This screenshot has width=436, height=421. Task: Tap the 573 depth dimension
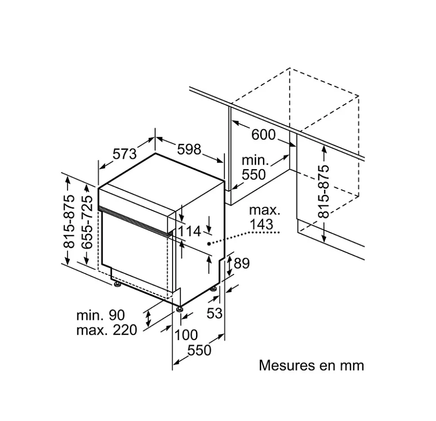[x=125, y=154]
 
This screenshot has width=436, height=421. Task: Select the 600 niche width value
[x=263, y=134]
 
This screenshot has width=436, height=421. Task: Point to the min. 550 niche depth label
[x=254, y=167]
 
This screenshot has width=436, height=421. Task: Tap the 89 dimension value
[x=242, y=263]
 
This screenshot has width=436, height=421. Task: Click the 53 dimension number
[x=214, y=313]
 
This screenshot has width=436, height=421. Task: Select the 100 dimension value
[x=186, y=335]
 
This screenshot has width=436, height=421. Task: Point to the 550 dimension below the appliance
[x=200, y=350]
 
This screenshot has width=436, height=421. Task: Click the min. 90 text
[x=101, y=315]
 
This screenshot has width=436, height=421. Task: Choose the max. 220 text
[x=107, y=331]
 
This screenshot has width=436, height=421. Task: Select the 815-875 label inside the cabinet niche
[x=324, y=191]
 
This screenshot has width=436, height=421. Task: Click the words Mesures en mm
[x=311, y=365]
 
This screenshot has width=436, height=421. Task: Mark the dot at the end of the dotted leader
[x=209, y=243]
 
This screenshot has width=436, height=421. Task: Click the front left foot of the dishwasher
[x=117, y=284]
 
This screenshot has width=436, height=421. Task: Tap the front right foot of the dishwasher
[x=180, y=309]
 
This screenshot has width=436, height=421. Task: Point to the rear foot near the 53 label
[x=214, y=288]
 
